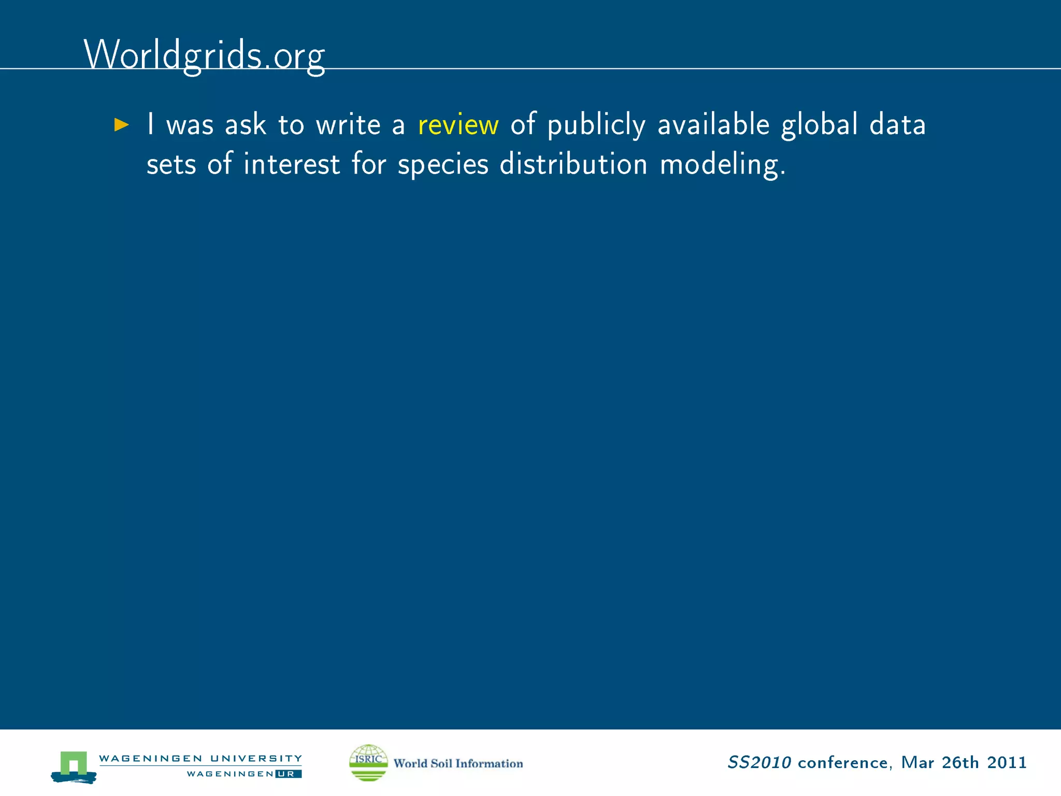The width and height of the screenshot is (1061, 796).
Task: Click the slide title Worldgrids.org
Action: point(204,55)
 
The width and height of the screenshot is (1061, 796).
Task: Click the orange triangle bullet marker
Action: point(121,125)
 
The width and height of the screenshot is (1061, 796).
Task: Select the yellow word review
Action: point(458,125)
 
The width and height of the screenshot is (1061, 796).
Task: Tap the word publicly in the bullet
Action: point(596,125)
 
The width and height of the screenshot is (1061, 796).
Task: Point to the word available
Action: point(713,124)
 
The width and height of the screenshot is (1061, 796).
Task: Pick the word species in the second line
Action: point(443,165)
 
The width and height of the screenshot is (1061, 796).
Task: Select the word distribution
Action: point(573,164)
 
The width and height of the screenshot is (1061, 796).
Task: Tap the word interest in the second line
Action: point(292,164)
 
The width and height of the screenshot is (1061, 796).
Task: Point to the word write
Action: point(348,125)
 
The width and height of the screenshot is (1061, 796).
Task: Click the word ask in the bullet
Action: point(246,125)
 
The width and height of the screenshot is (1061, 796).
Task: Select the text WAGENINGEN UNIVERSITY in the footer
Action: point(200,759)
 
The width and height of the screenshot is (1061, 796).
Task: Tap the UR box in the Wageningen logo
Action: point(288,774)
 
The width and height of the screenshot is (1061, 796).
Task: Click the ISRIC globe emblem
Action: point(368,762)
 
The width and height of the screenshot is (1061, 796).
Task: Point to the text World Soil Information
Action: point(458,763)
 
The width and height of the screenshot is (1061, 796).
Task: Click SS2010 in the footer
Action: point(759,762)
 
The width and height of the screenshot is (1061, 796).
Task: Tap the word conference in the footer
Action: point(843,763)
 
